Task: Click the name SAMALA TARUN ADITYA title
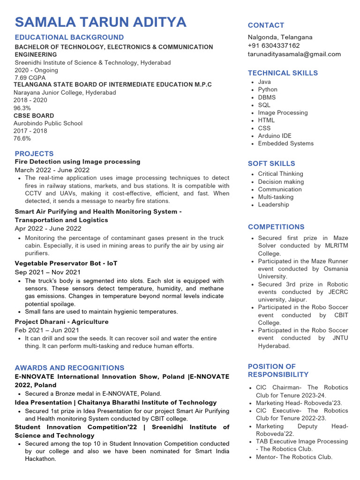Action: pos(101,22)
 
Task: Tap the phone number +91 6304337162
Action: pos(274,45)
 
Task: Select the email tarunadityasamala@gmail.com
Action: pos(294,54)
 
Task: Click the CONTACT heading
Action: pos(266,25)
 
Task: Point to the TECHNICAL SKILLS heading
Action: pos(283,73)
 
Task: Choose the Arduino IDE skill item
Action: pos(274,136)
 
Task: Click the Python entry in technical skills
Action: pos(268,90)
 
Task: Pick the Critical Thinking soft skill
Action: pos(280,174)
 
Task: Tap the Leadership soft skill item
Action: pos(273,204)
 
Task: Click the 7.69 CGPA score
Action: pos(30,78)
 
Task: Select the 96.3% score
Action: pos(22,108)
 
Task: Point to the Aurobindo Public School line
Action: pos(48,123)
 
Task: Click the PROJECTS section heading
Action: pos(34,154)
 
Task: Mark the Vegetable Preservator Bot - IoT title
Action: pos(66,263)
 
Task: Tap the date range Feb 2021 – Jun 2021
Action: pos(47,330)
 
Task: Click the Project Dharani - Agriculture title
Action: pos(61,322)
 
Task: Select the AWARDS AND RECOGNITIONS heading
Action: pos(69,368)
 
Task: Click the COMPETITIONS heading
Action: pos(276,227)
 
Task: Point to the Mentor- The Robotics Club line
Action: pos(294,457)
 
